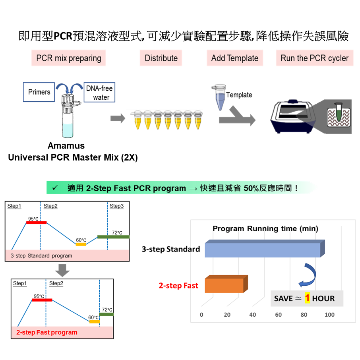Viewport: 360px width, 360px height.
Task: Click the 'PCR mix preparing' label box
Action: click(69, 58)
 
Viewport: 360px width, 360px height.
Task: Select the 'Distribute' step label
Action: click(161, 58)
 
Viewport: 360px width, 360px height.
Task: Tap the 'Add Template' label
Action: click(234, 58)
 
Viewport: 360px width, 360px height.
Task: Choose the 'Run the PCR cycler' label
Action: click(314, 58)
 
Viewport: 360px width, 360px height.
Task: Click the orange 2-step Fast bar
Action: click(225, 285)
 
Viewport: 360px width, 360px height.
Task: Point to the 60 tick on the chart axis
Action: click(278, 315)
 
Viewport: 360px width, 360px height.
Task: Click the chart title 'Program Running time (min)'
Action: click(265, 228)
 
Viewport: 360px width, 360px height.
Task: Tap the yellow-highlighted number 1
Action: click(307, 298)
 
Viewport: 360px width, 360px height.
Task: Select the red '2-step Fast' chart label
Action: click(178, 285)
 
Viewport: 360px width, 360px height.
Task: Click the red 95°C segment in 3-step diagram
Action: click(36, 223)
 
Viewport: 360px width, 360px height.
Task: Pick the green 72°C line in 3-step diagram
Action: click(113, 237)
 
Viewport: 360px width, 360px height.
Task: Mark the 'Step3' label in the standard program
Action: click(116, 206)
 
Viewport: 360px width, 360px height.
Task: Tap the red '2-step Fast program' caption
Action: click(47, 332)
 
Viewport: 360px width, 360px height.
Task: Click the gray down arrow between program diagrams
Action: click(62, 270)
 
